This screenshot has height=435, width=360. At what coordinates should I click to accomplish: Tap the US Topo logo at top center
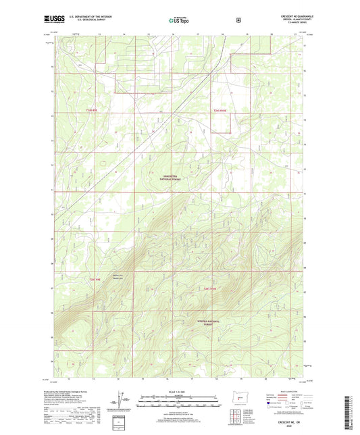[179, 21]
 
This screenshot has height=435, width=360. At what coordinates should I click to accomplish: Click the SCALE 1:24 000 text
[179, 392]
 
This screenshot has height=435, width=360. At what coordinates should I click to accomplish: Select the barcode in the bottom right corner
[349, 412]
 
